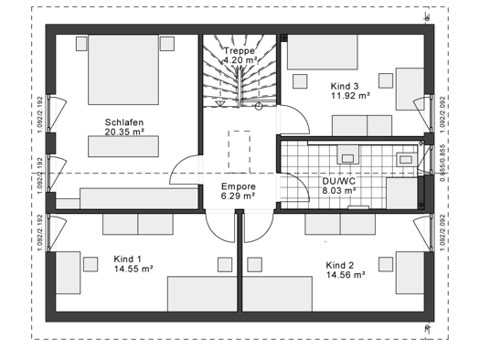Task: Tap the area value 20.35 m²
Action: (125, 132)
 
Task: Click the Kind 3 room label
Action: (346, 84)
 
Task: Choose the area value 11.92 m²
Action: (350, 95)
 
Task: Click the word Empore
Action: (237, 185)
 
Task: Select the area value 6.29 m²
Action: (238, 196)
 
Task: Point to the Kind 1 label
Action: (129, 259)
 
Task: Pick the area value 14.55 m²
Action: (133, 270)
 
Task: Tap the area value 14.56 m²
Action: (345, 274)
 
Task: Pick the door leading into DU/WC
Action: (293, 186)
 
